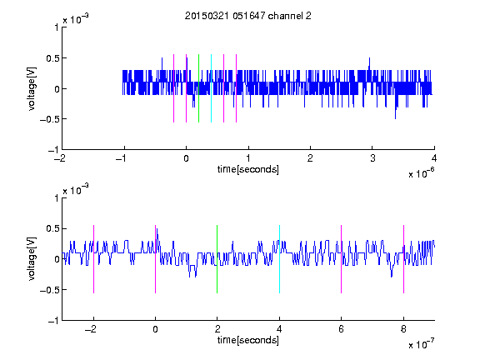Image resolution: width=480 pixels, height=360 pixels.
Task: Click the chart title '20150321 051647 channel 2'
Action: [x=248, y=16]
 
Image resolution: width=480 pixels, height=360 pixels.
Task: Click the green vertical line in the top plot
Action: [x=198, y=88]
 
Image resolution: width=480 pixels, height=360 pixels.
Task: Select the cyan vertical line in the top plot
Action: [x=211, y=88]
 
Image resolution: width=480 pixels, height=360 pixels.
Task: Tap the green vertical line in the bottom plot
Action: [x=217, y=259]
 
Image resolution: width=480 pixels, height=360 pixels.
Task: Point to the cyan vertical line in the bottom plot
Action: [x=279, y=259]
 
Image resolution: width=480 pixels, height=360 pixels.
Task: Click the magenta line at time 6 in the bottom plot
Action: [x=342, y=259]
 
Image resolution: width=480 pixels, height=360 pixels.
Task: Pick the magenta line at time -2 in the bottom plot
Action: [x=93, y=259]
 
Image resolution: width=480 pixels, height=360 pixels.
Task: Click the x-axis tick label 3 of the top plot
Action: [x=372, y=158]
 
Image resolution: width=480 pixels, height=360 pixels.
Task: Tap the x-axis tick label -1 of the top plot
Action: [x=122, y=158]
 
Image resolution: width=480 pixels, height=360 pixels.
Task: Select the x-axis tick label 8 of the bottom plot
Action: [x=403, y=329]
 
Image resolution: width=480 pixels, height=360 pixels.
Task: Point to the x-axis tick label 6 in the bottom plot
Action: [x=342, y=329]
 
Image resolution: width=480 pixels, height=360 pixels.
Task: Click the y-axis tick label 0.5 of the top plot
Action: [x=52, y=58]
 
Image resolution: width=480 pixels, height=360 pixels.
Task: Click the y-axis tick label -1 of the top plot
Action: [x=53, y=150]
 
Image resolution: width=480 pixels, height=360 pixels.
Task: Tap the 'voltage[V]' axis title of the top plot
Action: [x=32, y=88]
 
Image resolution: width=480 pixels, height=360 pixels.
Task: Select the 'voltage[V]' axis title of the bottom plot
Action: [x=32, y=258]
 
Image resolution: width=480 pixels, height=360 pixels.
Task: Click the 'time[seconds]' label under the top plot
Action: [x=248, y=169]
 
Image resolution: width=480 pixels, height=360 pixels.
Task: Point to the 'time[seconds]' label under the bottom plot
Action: [x=248, y=340]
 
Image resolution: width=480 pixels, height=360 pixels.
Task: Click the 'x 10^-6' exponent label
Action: [x=421, y=173]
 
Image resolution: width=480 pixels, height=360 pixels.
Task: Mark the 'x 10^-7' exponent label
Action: [x=421, y=344]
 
